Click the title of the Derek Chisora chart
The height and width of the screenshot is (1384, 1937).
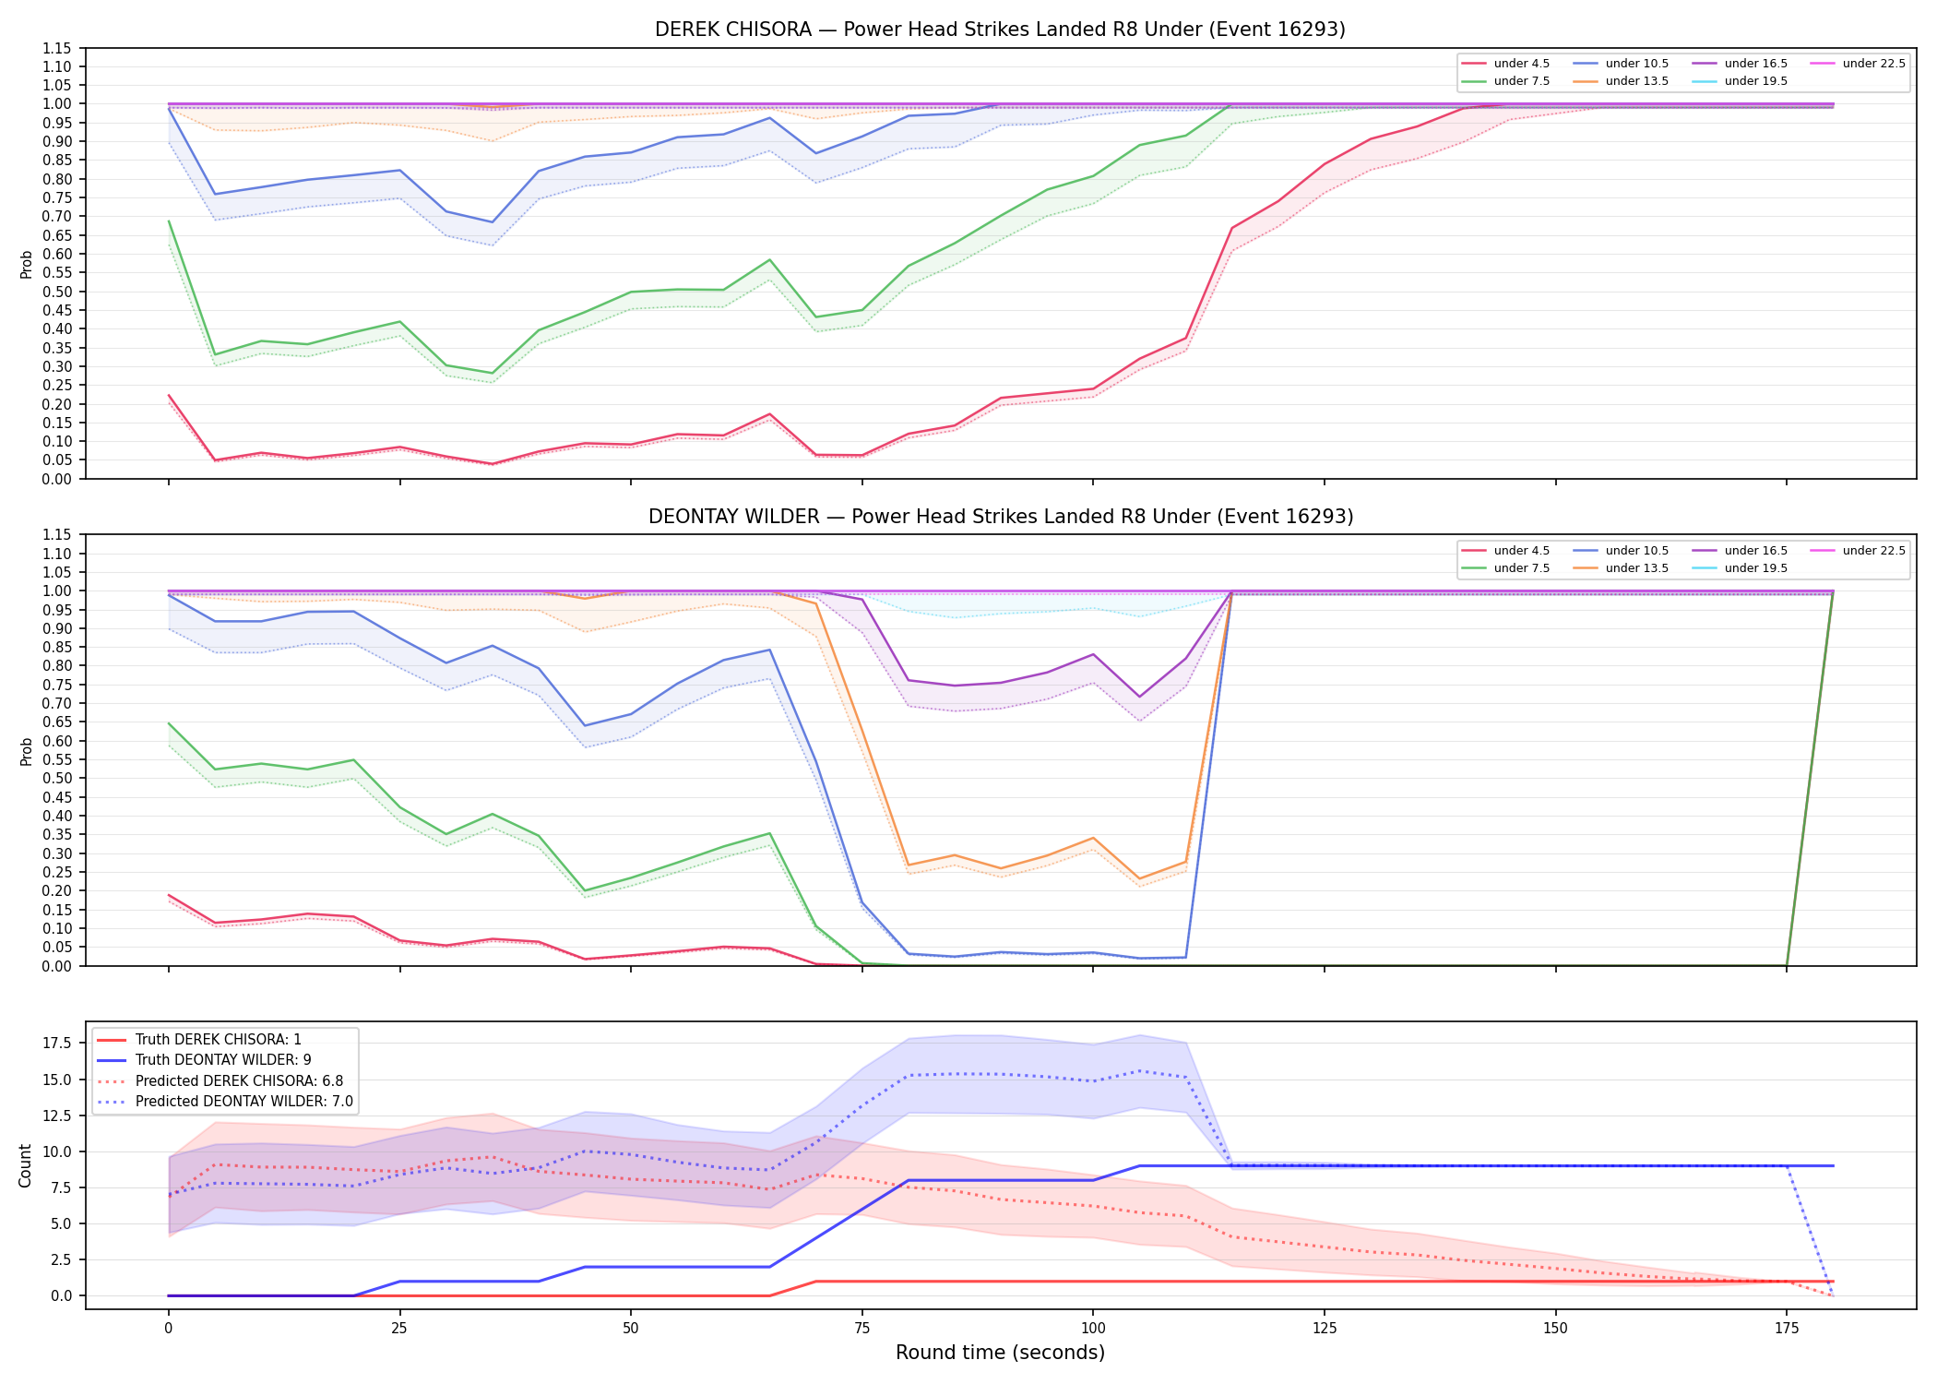1000,30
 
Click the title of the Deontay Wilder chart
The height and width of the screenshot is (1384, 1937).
1000,517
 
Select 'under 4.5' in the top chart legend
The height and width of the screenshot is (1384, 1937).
1521,64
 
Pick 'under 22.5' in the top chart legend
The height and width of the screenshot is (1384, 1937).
1873,64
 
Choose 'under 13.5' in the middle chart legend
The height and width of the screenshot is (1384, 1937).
1636,568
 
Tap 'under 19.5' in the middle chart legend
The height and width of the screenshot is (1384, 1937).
1755,568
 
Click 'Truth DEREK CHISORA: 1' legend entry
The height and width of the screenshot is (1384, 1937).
219,1040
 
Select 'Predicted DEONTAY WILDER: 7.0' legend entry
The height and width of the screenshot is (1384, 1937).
244,1102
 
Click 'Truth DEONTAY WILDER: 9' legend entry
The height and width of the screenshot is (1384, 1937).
223,1060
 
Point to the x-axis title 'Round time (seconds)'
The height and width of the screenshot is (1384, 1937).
1000,1353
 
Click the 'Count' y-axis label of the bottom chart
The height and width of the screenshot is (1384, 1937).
25,1165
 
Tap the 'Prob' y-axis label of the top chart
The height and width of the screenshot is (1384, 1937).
27,264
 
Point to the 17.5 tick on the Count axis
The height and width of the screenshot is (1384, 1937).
58,1044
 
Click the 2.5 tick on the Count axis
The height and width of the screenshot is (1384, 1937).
62,1259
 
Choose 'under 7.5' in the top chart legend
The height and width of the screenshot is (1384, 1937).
1521,81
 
